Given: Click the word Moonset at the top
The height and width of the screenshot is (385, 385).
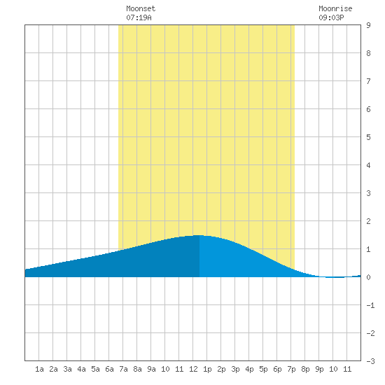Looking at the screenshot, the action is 141,8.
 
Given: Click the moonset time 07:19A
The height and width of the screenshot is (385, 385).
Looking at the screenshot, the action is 139,17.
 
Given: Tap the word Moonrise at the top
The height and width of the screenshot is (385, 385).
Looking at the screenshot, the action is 335,8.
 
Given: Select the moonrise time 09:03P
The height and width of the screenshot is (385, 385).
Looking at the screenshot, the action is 331,17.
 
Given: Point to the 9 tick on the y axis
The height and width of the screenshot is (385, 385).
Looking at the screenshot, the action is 368,25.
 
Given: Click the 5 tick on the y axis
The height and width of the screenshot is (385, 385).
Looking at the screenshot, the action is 368,137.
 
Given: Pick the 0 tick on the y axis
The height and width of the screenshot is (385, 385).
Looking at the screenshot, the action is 368,277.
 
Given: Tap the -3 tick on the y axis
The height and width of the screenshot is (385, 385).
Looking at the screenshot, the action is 370,361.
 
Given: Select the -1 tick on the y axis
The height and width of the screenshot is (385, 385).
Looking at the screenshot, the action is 370,305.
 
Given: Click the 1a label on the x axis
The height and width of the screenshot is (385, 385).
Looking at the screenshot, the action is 39,369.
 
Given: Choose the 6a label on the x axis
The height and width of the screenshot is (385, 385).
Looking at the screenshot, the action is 109,369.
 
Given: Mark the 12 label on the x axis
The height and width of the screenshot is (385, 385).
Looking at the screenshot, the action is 193,369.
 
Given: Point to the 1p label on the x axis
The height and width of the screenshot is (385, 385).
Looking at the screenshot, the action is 207,369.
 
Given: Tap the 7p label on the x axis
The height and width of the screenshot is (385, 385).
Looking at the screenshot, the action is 291,369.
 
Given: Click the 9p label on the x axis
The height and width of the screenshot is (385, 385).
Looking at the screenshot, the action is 319,369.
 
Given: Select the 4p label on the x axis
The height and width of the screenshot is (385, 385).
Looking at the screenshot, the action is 249,369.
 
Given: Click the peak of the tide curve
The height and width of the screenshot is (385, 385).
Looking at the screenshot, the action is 199,235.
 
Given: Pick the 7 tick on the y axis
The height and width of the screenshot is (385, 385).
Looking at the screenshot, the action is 368,81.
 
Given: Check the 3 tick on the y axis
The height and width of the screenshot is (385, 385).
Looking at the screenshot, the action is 368,193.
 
